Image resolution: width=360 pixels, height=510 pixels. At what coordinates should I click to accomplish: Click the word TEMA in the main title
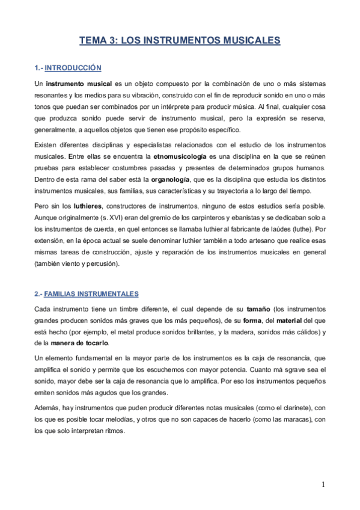click(93, 41)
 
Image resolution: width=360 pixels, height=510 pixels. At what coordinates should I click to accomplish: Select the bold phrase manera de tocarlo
click(75, 343)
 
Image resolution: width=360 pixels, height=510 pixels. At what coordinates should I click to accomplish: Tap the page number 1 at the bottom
click(323, 485)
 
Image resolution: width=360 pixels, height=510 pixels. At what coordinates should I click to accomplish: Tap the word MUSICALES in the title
click(248, 41)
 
